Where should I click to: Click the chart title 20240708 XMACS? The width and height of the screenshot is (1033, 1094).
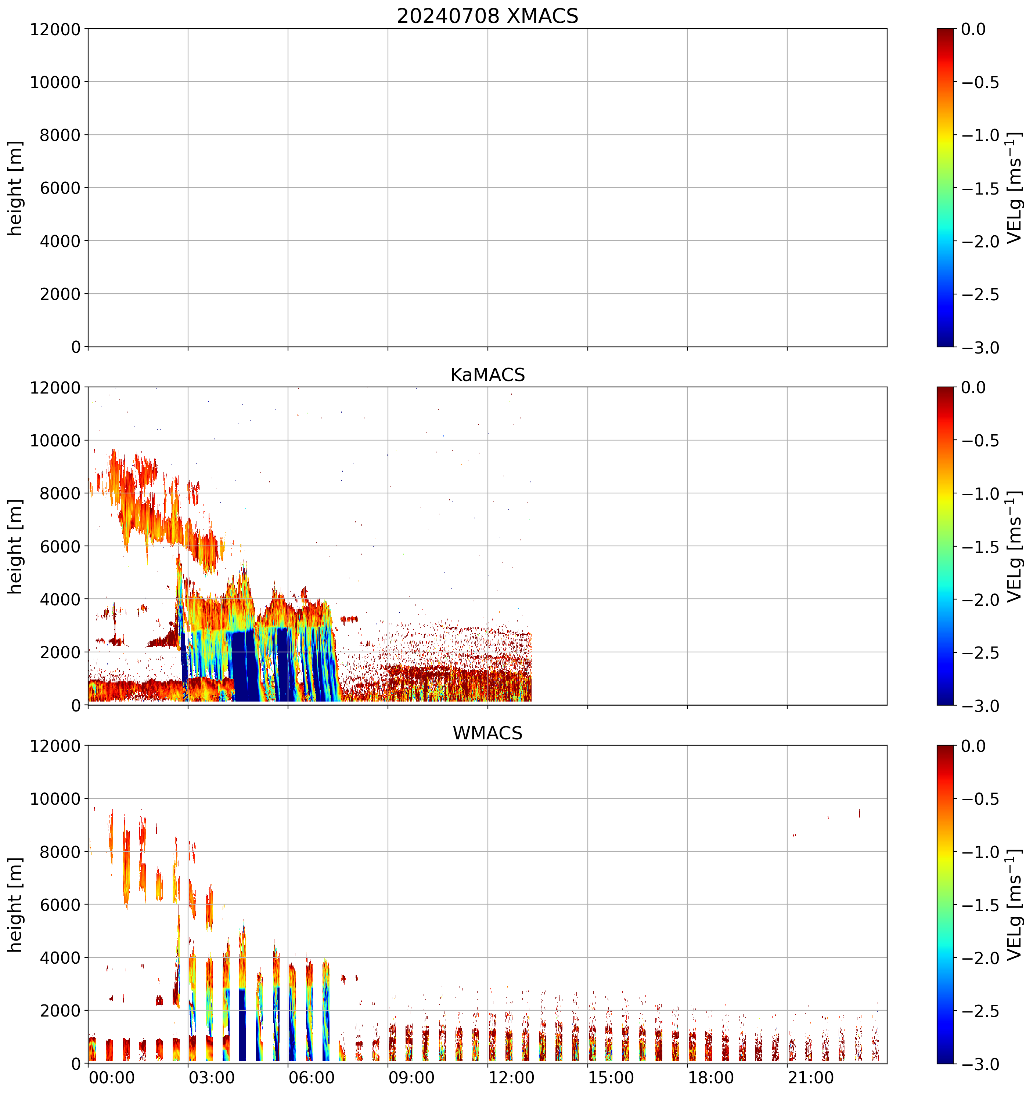click(487, 16)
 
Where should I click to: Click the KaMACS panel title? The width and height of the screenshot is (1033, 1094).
click(487, 375)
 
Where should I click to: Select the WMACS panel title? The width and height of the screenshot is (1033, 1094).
click(487, 733)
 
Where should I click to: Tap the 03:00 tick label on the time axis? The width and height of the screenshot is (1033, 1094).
click(212, 1077)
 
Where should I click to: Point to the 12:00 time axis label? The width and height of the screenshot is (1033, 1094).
click(511, 1077)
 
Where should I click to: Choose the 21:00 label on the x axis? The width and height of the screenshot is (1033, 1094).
click(810, 1077)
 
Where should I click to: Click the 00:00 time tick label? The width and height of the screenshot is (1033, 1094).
click(112, 1077)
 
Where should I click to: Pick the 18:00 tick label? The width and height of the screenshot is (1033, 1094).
click(711, 1077)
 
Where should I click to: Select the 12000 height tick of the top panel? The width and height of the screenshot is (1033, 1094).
click(55, 29)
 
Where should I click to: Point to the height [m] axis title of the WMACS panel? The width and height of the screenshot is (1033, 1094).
click(15, 904)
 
